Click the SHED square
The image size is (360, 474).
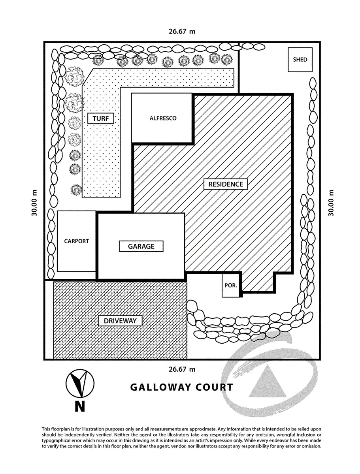pos(300,60)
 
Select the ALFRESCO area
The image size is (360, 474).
pos(163,118)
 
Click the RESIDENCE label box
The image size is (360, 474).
pos(226,184)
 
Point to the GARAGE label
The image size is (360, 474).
pos(141,246)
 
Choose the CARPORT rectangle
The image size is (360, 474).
pos(77,241)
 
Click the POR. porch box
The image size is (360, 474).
pos(231,284)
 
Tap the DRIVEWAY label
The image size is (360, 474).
pos(120,321)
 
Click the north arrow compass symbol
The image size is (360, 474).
pos(80,383)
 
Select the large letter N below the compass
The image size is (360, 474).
pos(80,406)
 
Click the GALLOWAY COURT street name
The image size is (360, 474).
pos(182,387)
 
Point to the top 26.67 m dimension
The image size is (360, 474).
pos(182,31)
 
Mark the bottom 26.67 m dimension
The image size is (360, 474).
pos(182,370)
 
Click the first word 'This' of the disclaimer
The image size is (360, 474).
pos(46,429)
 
